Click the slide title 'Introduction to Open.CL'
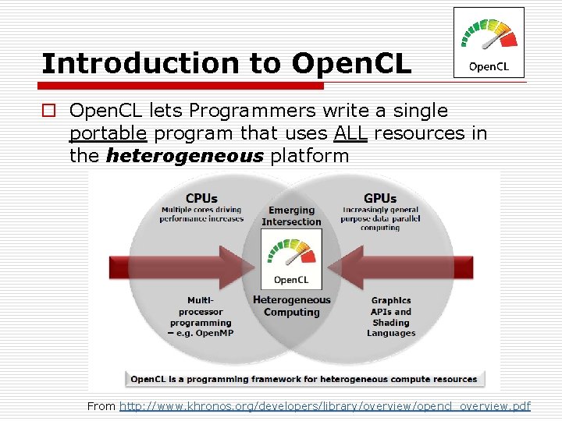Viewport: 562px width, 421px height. point(226,64)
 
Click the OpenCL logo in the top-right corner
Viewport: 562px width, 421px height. point(489,43)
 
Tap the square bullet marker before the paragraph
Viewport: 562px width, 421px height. point(48,111)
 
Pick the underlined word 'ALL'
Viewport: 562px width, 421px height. point(350,133)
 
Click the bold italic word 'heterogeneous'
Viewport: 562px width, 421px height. point(184,156)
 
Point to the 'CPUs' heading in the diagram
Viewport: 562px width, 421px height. point(201,198)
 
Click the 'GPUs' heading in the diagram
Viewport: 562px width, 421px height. point(379,198)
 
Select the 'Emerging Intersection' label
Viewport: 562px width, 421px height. point(291,216)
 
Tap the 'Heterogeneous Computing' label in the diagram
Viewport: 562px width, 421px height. point(291,306)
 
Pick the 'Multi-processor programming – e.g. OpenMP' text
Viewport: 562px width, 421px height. point(201,317)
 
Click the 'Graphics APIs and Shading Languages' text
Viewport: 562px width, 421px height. point(391,317)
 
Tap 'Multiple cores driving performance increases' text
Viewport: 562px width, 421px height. point(201,214)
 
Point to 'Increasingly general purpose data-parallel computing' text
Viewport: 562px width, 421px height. point(379,218)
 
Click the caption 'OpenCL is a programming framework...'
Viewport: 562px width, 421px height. point(304,380)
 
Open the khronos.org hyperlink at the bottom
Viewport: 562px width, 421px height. point(325,406)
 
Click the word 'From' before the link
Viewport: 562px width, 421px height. point(101,406)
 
